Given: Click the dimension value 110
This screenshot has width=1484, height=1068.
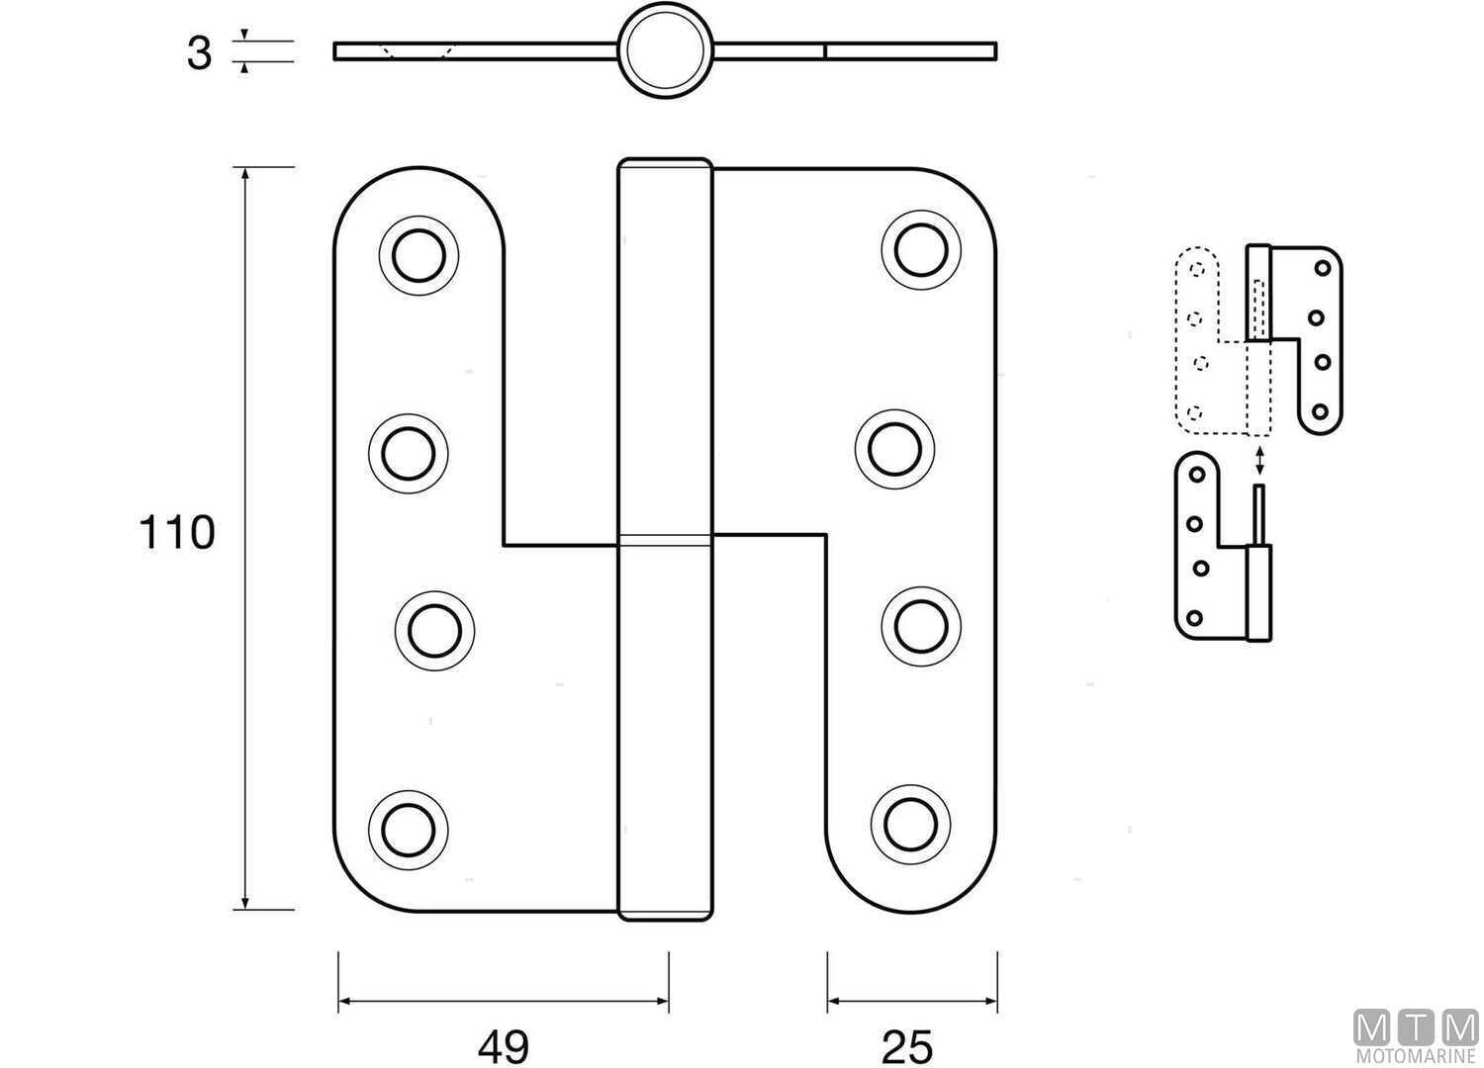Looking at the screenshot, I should (x=177, y=533).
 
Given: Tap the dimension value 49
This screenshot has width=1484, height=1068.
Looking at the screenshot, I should (x=504, y=1045).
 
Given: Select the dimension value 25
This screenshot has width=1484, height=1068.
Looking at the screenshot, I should (x=905, y=1045).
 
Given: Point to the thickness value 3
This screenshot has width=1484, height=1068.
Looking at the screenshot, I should (x=199, y=52).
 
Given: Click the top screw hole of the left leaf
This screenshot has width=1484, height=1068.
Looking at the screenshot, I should (x=419, y=255).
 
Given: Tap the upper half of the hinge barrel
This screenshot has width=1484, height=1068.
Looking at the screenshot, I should (x=664, y=346).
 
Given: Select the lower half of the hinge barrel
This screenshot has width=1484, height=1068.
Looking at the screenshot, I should (x=664, y=732).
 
